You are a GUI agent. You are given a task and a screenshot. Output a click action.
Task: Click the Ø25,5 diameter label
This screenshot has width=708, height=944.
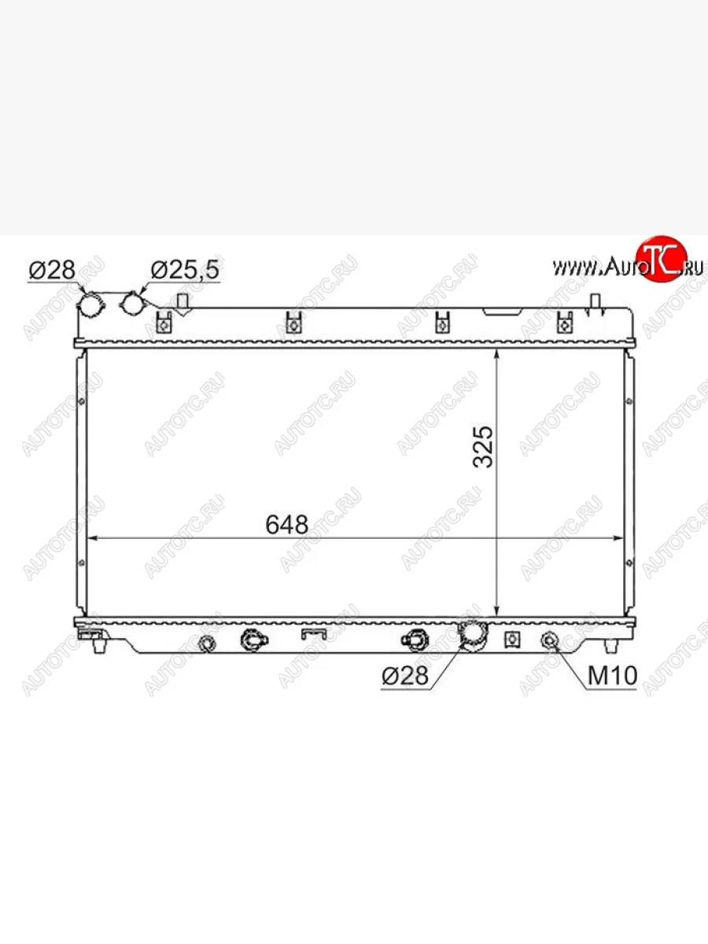(185, 270)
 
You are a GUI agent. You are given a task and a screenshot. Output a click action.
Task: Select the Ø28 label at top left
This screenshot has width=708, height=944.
(52, 270)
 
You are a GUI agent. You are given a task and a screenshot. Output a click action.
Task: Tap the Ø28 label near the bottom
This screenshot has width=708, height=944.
(405, 675)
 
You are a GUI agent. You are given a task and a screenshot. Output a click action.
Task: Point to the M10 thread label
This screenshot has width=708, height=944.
(612, 675)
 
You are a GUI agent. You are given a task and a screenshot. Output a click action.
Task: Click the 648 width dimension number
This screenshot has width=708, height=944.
(286, 524)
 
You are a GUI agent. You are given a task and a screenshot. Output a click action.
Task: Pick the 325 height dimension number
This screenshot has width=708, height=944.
(483, 447)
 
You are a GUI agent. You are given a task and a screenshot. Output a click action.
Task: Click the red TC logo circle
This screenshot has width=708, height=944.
(662, 259)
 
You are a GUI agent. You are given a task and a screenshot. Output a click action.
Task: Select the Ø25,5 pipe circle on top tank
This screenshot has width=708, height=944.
(133, 303)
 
